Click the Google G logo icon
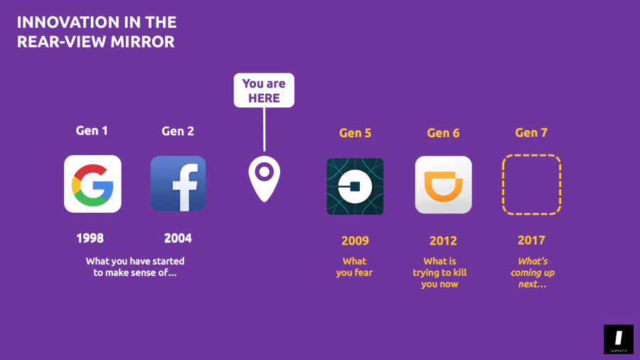pos(92,184)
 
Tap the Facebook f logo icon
pos(178,184)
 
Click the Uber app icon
pos(355,186)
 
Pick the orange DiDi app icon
pos(443,185)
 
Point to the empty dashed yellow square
pos(531,185)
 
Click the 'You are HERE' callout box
pos(264,90)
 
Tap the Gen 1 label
pos(92,131)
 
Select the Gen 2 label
pos(178,131)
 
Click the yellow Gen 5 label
pos(355,133)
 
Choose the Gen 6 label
pos(443,133)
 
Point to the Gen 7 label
pos(531,133)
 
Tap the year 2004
pos(178,238)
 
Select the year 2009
pos(355,240)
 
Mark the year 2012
pos(443,240)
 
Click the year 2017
pos(531,240)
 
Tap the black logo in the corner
pos(618,339)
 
